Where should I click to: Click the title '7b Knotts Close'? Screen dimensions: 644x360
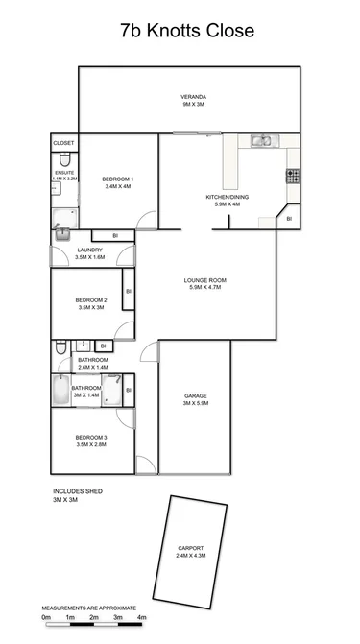pyautogui.click(x=187, y=32)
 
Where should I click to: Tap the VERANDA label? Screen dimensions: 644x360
pyautogui.click(x=195, y=97)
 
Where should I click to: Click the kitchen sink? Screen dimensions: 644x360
pyautogui.click(x=261, y=141)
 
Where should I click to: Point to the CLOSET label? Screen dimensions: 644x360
pyautogui.click(x=63, y=143)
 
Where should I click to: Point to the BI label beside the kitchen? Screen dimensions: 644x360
pyautogui.click(x=289, y=219)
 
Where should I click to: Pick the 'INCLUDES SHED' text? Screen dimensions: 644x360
pyautogui.click(x=77, y=491)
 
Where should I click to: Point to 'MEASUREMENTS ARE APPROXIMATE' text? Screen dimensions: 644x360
pyautogui.click(x=90, y=608)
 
